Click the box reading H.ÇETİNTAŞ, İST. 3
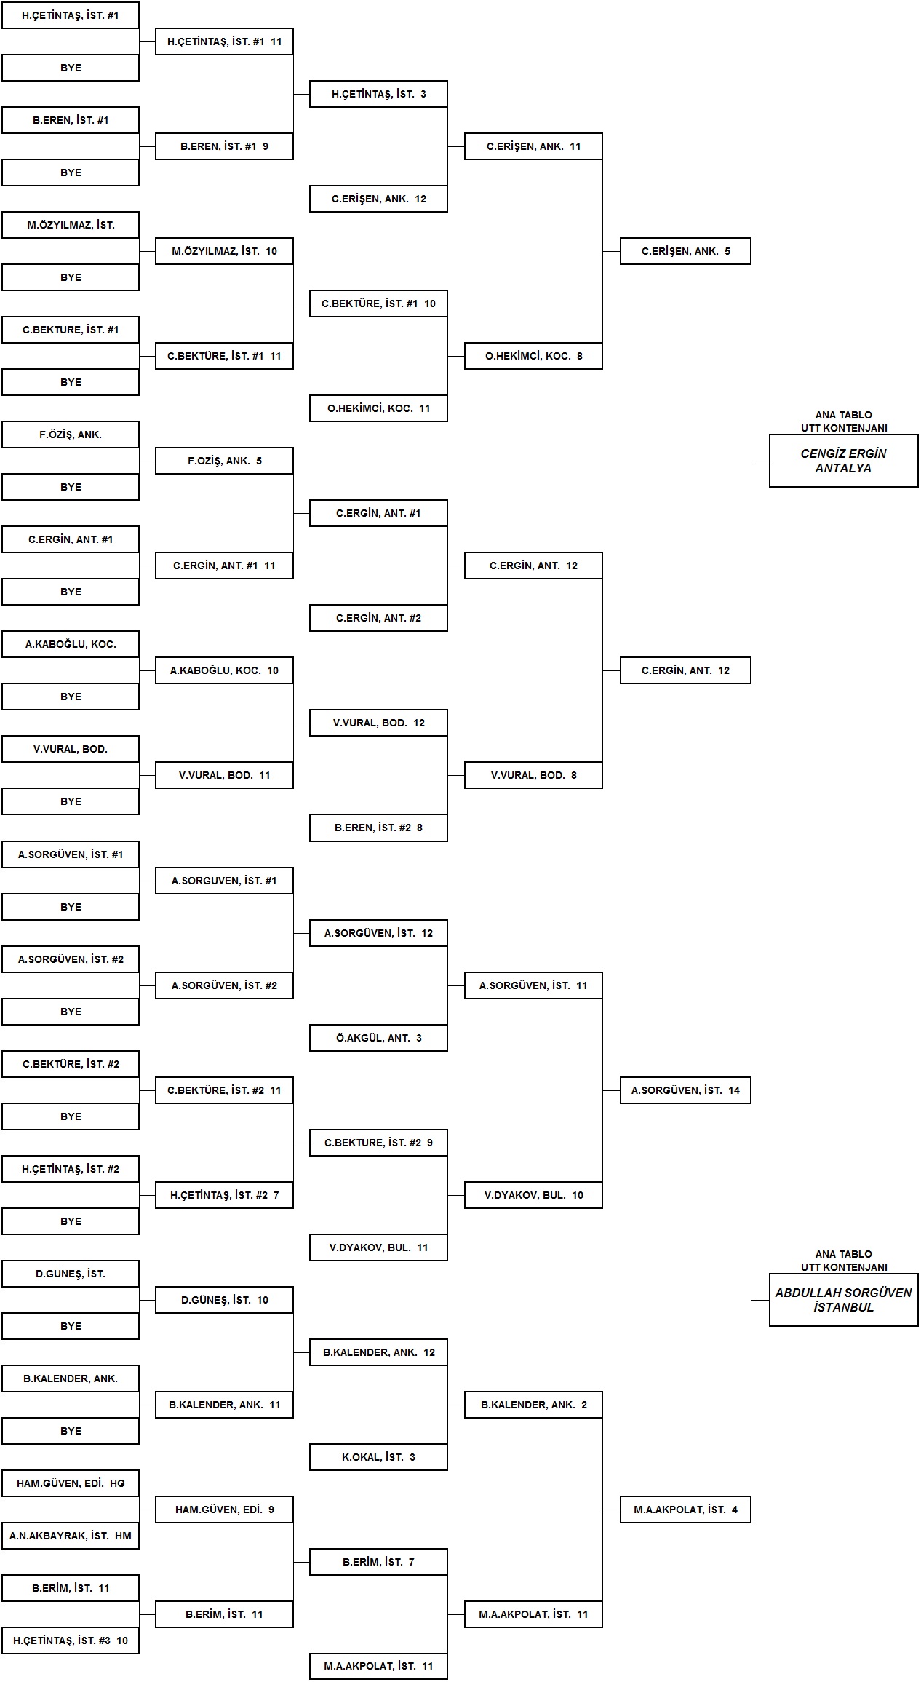(x=378, y=94)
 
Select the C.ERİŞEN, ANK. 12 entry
(x=378, y=199)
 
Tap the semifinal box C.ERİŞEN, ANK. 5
(x=685, y=251)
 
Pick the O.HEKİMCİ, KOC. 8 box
(x=533, y=356)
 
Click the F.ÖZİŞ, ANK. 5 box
(x=224, y=461)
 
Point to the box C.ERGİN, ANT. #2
(x=378, y=618)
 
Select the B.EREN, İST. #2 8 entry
(x=378, y=828)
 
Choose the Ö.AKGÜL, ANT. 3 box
(x=378, y=1038)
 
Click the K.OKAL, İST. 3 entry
(x=378, y=1457)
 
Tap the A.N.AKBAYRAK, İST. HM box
(x=71, y=1536)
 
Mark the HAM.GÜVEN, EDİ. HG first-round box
(x=71, y=1483)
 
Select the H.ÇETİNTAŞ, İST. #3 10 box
(x=71, y=1641)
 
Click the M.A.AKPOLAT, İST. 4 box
(x=685, y=1510)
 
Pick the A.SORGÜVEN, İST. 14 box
(x=685, y=1090)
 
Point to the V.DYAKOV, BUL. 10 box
(x=533, y=1195)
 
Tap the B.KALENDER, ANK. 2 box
(x=533, y=1405)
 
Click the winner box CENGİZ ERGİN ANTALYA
(x=844, y=461)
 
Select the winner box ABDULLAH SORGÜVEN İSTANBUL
(x=844, y=1300)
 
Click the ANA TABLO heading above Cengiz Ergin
(x=844, y=415)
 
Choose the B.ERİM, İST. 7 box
(x=378, y=1562)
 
